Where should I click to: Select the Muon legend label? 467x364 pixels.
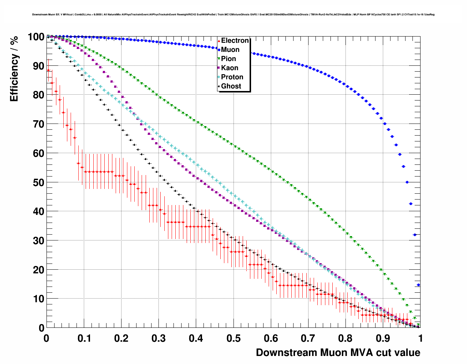click(x=230, y=50)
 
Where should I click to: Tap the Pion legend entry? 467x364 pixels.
click(x=228, y=59)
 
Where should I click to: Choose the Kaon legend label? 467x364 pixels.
click(x=229, y=68)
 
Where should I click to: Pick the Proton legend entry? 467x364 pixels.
click(x=232, y=77)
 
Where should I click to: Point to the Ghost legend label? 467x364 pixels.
click(x=231, y=86)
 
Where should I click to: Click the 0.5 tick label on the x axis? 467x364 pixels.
click(x=233, y=338)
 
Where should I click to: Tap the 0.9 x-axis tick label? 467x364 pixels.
click(x=383, y=338)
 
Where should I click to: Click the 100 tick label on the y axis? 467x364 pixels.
click(x=36, y=37)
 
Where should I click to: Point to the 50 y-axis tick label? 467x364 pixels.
click(x=38, y=182)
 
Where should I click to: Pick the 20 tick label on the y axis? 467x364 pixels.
click(x=38, y=270)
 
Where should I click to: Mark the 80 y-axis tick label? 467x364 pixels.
click(x=38, y=95)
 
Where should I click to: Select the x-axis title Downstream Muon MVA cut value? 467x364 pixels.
click(x=338, y=353)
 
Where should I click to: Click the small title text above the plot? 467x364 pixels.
click(x=233, y=15)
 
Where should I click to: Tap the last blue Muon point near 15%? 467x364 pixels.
click(x=418, y=285)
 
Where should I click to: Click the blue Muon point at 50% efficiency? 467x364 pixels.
click(x=407, y=182)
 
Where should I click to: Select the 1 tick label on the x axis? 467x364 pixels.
click(x=421, y=338)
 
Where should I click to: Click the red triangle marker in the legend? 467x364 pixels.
click(x=219, y=41)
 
